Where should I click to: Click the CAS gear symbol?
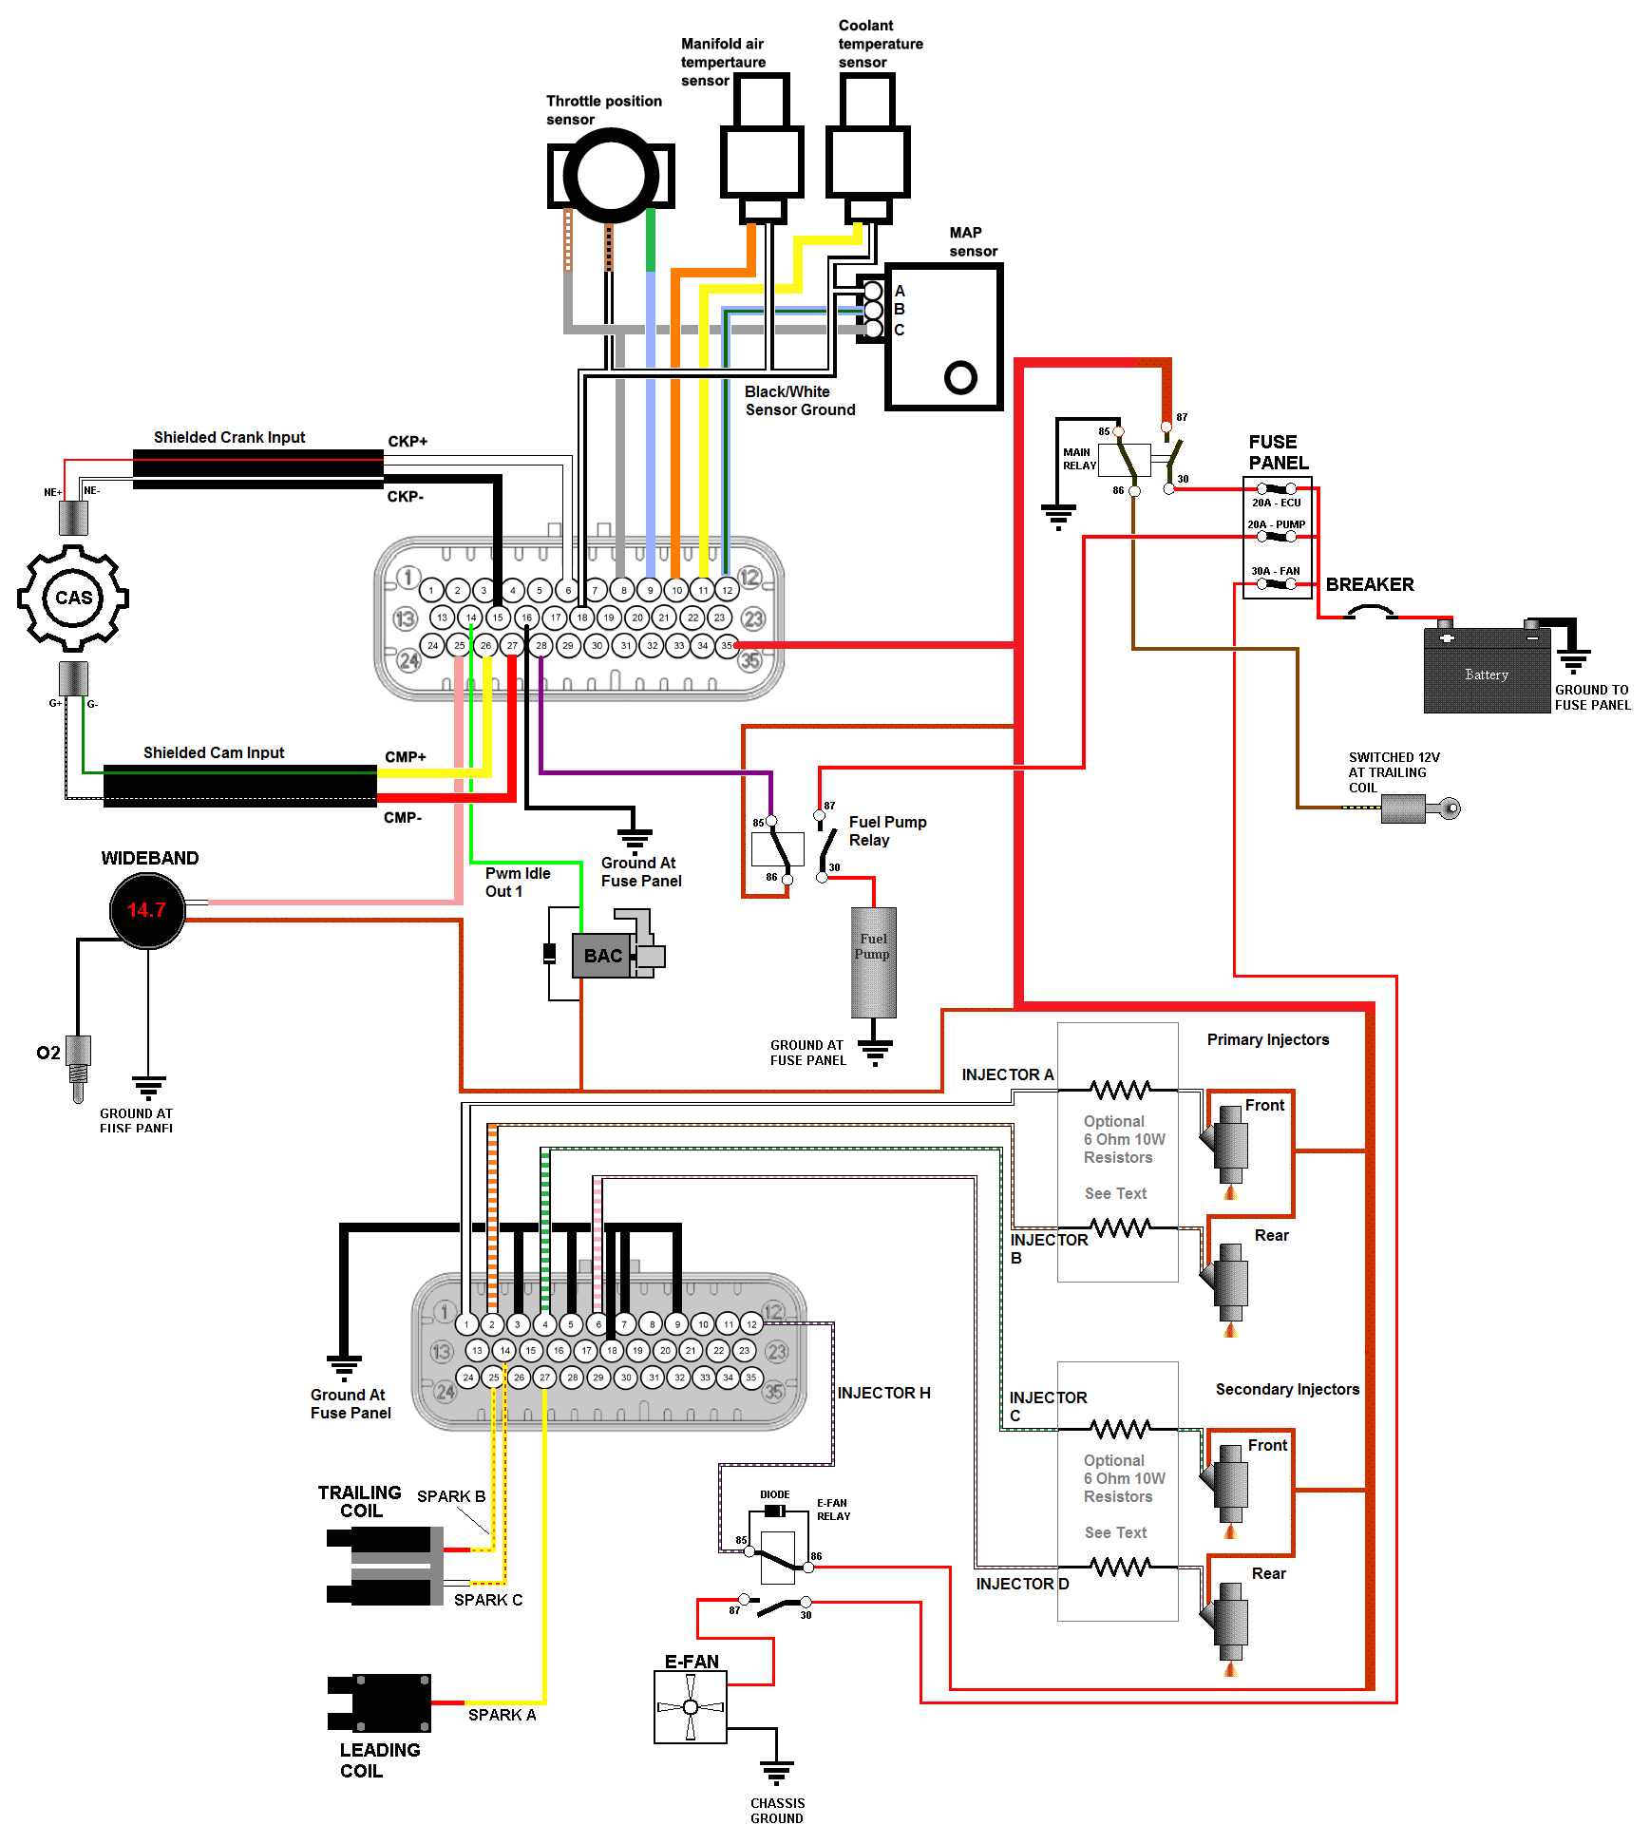73,598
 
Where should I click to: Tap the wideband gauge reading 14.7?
147,910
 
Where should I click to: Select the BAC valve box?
603,956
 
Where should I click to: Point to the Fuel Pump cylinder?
873,961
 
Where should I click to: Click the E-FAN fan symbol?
691,1707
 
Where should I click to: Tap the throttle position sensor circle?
611,176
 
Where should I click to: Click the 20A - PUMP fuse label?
1276,524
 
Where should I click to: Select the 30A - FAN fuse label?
1276,571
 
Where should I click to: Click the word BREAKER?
1369,584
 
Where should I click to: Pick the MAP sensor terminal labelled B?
874,310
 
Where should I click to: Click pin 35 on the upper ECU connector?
727,645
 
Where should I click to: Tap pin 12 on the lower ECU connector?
751,1323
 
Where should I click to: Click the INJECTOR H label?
883,1393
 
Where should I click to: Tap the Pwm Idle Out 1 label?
517,882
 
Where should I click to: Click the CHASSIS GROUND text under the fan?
777,1810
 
